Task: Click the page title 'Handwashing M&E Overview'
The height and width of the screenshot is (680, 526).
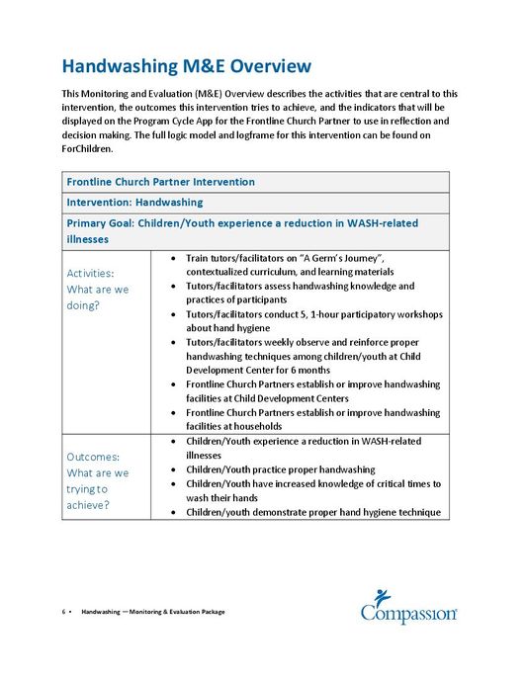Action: [x=186, y=66]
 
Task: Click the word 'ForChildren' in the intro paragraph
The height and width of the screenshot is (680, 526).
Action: [x=91, y=150]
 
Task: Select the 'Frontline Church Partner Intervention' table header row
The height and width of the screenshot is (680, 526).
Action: [x=160, y=182]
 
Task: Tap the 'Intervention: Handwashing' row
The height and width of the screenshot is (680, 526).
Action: [x=133, y=203]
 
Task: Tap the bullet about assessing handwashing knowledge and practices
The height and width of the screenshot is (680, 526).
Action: [x=307, y=293]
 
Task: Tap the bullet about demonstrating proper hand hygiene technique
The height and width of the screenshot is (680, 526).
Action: [x=311, y=512]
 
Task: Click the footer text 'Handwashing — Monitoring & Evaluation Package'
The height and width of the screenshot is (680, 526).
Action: [x=153, y=612]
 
